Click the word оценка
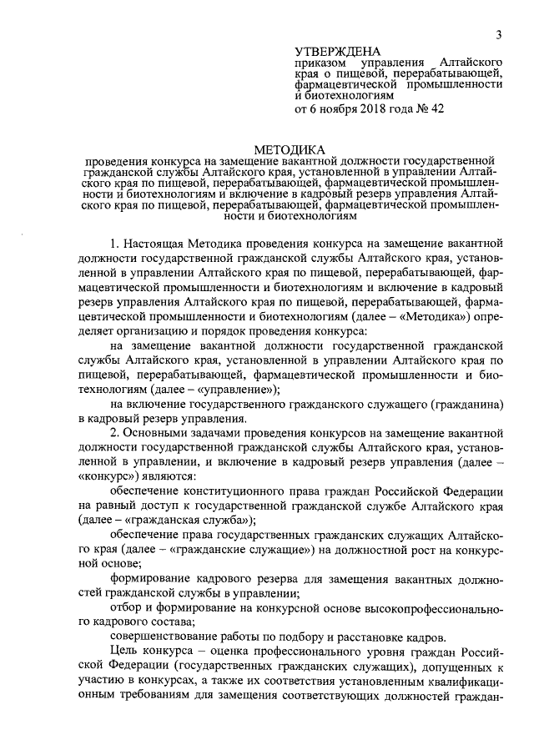coord(223,651)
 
